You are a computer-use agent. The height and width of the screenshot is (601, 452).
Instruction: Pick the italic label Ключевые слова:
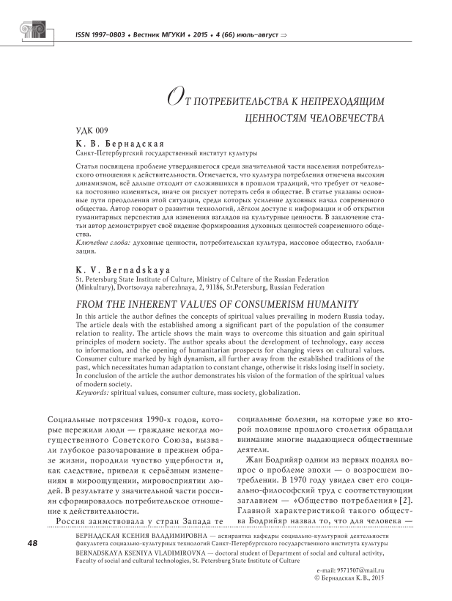(x=101, y=241)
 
